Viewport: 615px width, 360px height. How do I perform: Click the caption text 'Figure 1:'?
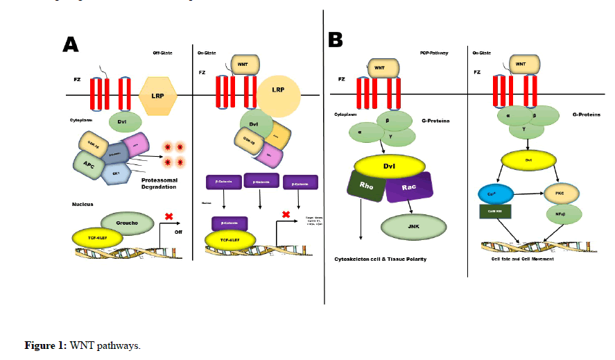45,345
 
